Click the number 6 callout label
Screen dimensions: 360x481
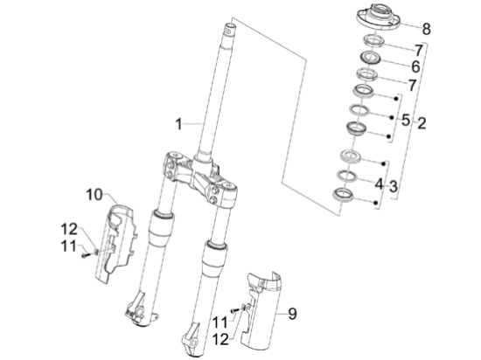click(415, 67)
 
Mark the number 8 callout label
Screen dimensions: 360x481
click(426, 28)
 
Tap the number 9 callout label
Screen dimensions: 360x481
click(292, 312)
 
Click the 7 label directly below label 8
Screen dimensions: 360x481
click(418, 50)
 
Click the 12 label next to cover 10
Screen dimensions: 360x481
click(69, 229)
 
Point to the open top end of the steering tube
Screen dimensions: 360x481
click(230, 29)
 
